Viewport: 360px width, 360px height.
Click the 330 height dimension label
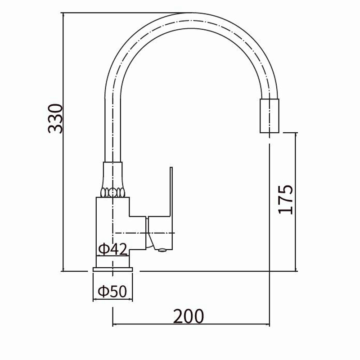point(55,118)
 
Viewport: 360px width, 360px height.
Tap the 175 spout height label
point(285,199)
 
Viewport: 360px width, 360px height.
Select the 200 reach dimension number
point(188,316)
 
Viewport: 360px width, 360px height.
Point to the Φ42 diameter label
point(112,249)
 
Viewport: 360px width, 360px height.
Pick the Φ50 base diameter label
point(112,291)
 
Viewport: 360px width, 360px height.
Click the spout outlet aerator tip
point(269,116)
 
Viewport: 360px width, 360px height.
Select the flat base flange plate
point(113,269)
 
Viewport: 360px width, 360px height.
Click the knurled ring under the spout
point(112,193)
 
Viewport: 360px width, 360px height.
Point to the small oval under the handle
point(162,250)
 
